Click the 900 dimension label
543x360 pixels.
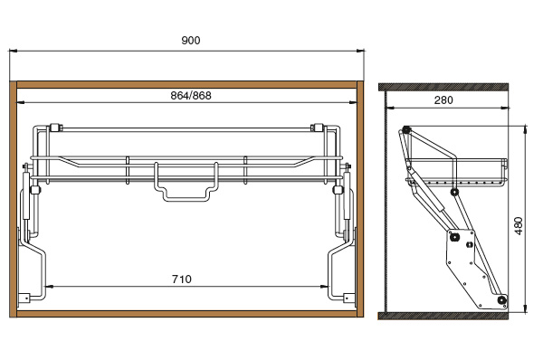pyautogui.click(x=191, y=41)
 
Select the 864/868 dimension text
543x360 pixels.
pyautogui.click(x=191, y=96)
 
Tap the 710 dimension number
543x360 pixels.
pyautogui.click(x=182, y=279)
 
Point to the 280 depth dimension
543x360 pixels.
pyautogui.click(x=443, y=100)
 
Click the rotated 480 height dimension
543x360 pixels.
pyautogui.click(x=519, y=226)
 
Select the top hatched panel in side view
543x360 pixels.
pyautogui.click(x=443, y=87)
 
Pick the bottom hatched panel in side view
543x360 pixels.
pyautogui.click(x=443, y=316)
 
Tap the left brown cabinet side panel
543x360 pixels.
pyautogui.click(x=14, y=199)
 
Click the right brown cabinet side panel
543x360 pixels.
pyautogui.click(x=360, y=199)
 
